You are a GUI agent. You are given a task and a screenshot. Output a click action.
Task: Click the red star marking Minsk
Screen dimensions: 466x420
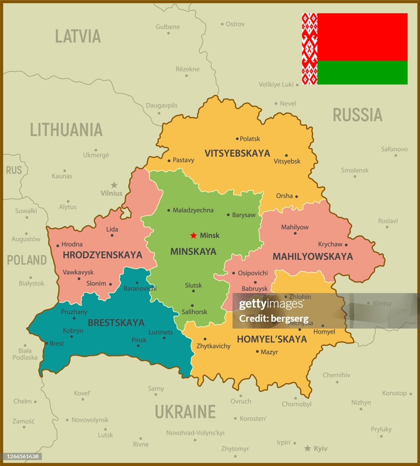coord(193,235)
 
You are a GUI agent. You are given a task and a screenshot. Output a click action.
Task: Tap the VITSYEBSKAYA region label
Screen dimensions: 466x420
coord(237,153)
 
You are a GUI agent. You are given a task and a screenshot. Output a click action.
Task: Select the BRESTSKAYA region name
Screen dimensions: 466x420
coord(116,323)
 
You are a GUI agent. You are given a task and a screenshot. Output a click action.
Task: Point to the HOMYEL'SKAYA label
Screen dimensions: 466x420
coord(272,339)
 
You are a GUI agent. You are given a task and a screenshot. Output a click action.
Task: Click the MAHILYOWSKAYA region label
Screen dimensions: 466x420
coord(313,257)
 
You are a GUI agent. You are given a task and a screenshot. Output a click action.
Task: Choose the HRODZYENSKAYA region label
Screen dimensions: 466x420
coord(102,255)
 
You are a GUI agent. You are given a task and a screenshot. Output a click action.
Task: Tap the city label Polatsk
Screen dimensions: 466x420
coord(250,139)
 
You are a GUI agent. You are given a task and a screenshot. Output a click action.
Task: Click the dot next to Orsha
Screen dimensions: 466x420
coord(296,197)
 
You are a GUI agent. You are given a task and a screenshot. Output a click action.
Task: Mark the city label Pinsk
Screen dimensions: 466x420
coord(139,340)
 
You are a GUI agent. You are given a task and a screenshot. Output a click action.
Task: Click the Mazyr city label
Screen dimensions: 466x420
coord(269,352)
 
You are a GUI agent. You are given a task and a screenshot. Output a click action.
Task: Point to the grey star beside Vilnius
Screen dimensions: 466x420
coord(114,185)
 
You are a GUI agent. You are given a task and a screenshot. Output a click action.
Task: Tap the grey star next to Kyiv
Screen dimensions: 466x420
coord(308,448)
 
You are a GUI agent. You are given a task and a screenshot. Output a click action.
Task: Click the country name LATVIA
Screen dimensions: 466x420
coord(78,36)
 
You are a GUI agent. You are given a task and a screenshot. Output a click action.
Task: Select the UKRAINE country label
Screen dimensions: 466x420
coord(185,411)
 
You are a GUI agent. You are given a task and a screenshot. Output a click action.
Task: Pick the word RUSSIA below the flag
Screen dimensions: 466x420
coord(357,115)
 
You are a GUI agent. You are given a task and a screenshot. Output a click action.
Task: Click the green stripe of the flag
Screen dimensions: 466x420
coord(362,72)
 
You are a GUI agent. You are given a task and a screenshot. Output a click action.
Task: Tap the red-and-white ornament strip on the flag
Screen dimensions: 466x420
coord(309,49)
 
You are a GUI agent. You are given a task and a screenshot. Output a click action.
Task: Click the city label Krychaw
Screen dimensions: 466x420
coord(330,244)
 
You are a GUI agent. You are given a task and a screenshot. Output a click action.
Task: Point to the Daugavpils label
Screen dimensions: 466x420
coord(162,106)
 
